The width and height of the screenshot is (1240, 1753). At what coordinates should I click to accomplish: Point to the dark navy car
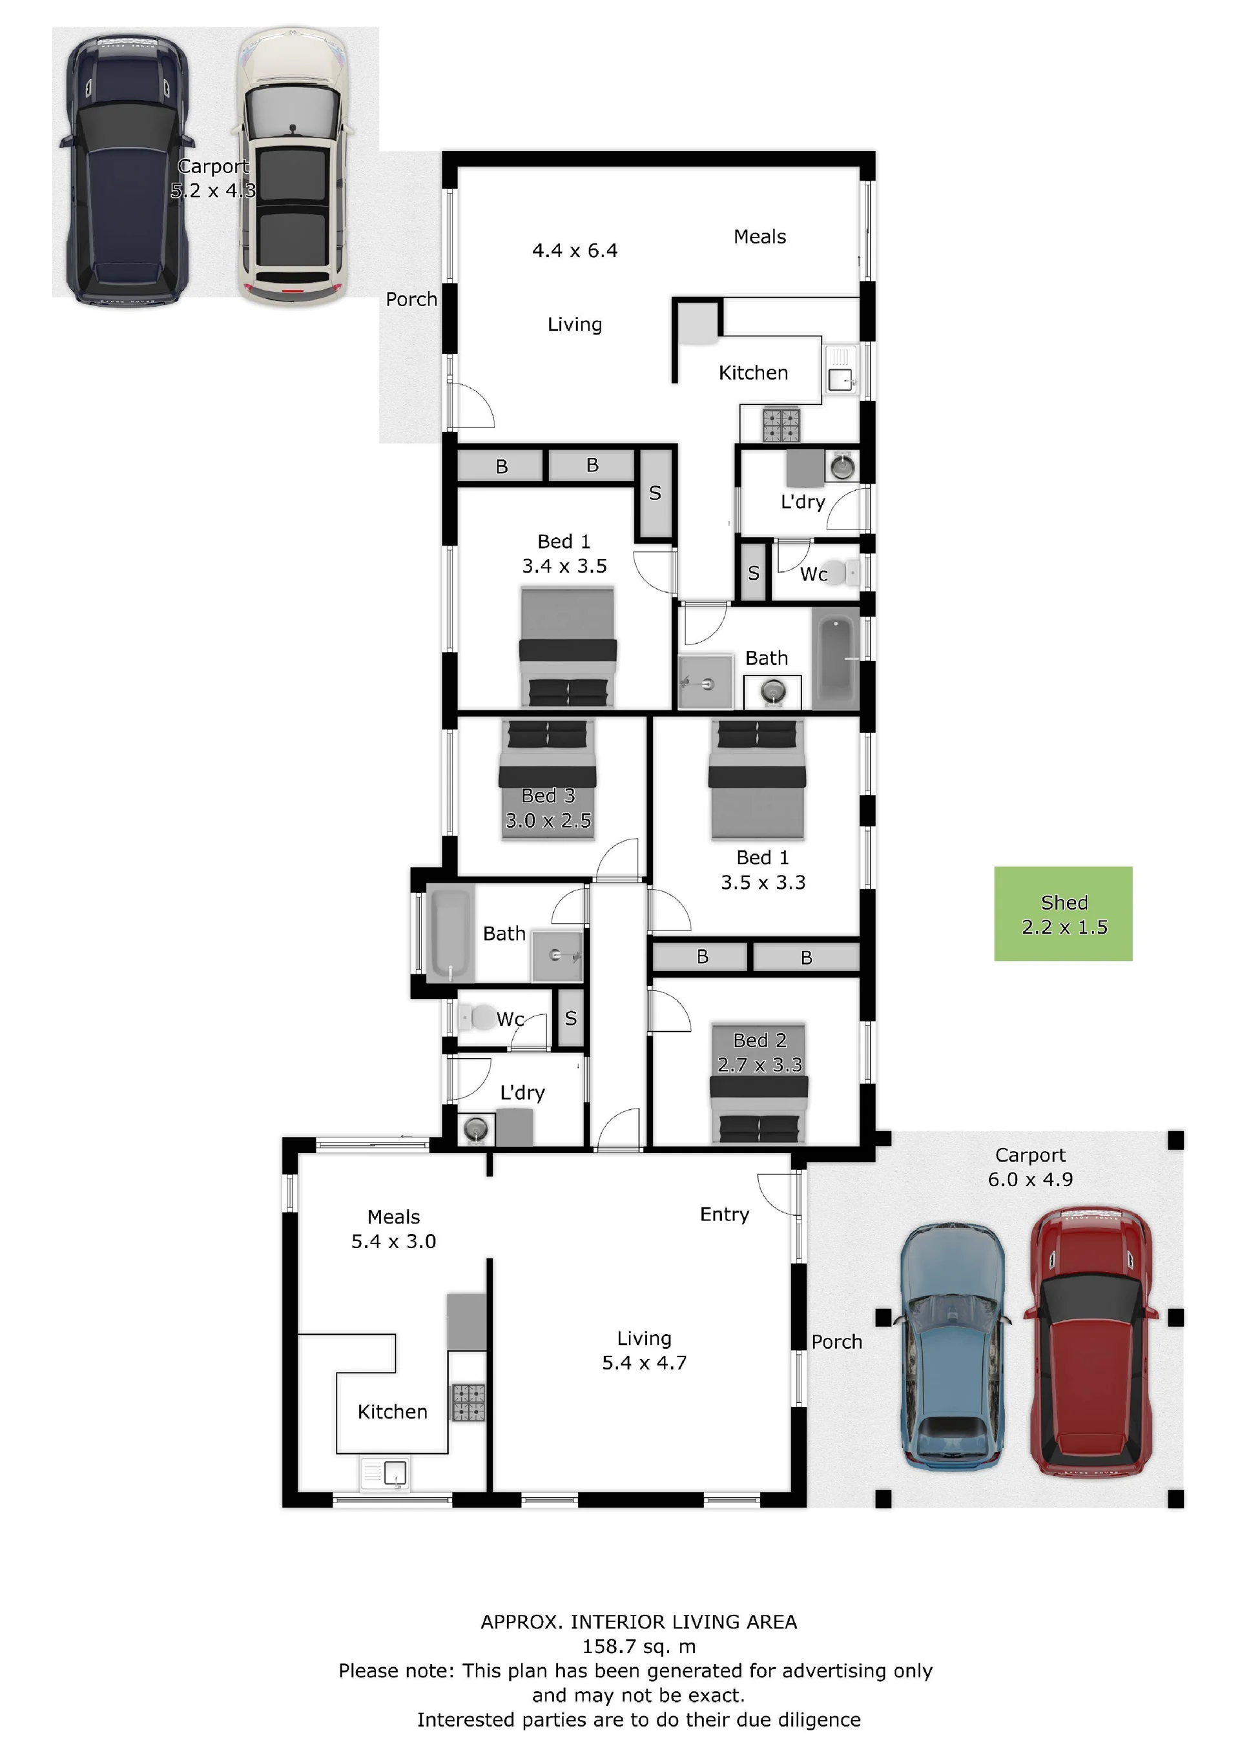click(x=127, y=170)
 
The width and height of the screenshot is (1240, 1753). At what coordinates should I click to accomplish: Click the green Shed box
click(x=1063, y=913)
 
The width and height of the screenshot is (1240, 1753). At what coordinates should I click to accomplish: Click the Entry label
click(x=725, y=1215)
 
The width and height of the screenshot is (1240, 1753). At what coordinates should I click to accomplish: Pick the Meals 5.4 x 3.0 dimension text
click(x=393, y=1229)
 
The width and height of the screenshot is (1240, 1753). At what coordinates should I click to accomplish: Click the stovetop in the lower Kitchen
click(x=469, y=1402)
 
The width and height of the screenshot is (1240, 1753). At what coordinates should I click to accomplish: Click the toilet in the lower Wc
click(x=477, y=1017)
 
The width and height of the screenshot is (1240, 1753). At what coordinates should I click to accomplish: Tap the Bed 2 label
click(x=759, y=1040)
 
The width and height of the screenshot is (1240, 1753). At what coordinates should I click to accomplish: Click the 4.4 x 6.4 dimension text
click(x=575, y=251)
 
